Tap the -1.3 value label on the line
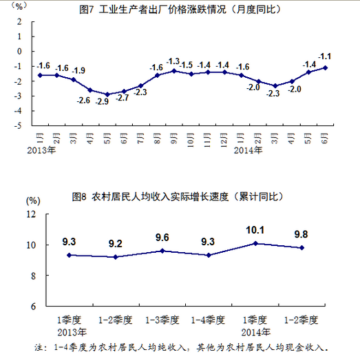(173, 61)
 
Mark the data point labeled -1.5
(190, 74)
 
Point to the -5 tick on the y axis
(19, 126)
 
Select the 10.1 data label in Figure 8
(255, 231)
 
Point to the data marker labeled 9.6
(162, 251)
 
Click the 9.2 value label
(116, 244)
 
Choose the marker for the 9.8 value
(301, 248)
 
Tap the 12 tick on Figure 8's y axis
(31, 214)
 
